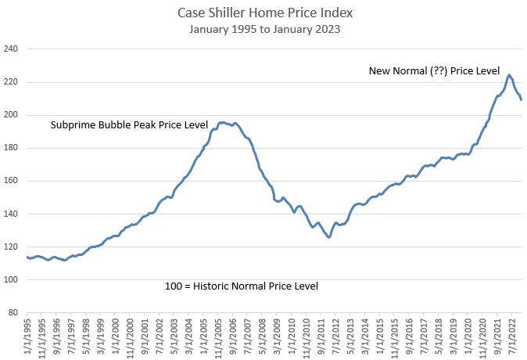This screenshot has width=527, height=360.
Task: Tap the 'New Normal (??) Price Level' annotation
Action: pyautogui.click(x=434, y=70)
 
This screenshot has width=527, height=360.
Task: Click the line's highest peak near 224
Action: pyautogui.click(x=509, y=75)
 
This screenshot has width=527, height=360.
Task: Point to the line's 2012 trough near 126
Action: pyautogui.click(x=329, y=237)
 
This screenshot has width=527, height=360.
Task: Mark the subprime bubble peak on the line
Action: pyautogui.click(x=223, y=122)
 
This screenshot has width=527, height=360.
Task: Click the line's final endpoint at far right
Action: pyautogui.click(x=522, y=99)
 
